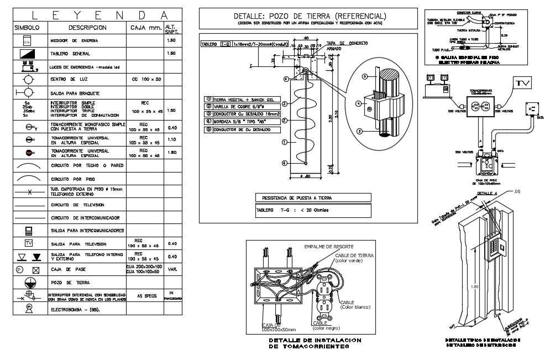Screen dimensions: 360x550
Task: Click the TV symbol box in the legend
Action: click(29, 243)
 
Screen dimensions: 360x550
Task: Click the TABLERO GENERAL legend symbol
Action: click(29, 54)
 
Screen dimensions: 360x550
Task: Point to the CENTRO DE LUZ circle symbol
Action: click(29, 80)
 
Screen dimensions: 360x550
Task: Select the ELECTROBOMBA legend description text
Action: click(75, 310)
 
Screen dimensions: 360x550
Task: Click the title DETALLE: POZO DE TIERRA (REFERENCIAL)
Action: click(310, 16)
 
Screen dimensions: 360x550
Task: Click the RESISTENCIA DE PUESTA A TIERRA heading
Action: click(294, 197)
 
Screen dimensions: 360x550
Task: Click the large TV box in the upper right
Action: click(523, 83)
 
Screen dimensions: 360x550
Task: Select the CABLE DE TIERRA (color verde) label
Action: click(353, 258)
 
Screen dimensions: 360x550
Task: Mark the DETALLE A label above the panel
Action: click(488, 193)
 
